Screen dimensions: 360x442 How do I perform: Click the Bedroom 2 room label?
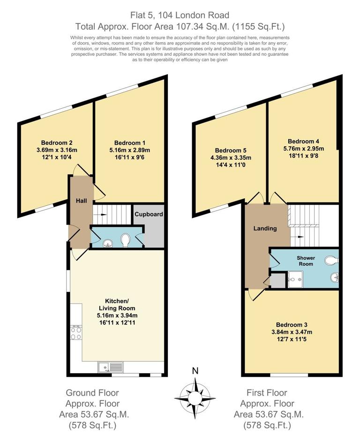pos(57,142)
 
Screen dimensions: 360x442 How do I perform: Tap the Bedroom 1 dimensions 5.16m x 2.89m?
pos(130,150)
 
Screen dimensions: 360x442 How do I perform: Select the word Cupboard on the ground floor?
pos(149,214)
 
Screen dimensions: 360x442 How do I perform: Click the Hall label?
pos(81,201)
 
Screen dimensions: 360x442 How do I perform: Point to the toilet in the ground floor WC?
pos(125,240)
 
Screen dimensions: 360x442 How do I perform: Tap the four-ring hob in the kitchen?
pos(76,333)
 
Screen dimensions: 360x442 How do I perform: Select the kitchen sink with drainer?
pos(111,367)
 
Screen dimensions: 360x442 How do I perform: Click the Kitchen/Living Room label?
pos(117,305)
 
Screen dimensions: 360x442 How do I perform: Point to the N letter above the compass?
pos(195,371)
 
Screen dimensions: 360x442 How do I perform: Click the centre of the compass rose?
pos(195,398)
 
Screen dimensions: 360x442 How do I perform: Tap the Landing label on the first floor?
pos(265,228)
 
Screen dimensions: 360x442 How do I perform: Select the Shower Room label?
pos(306,261)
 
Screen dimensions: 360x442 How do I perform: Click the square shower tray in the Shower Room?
pos(296,279)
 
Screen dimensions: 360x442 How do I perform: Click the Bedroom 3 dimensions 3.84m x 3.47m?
pos(292,332)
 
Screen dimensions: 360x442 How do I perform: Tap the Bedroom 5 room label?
pos(231,150)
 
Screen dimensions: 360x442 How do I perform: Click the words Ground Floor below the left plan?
pos(92,393)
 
